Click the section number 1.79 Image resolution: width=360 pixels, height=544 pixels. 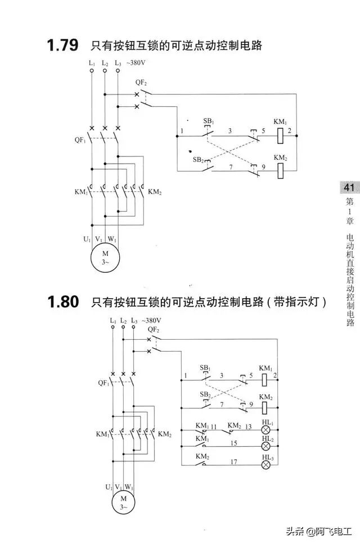tap(62, 46)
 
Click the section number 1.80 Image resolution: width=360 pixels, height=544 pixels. tap(62, 302)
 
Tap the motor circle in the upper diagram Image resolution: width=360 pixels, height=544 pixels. tap(105, 258)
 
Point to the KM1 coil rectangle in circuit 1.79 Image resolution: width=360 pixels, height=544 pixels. tap(280, 136)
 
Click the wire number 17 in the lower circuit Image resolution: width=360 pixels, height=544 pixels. tap(233, 461)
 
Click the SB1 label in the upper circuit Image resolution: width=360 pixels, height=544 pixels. tap(208, 122)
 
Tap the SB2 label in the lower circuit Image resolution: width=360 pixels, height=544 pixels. tap(205, 394)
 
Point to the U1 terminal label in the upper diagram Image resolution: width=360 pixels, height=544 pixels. tap(87, 239)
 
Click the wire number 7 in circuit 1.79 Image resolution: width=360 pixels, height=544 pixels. tap(231, 167)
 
